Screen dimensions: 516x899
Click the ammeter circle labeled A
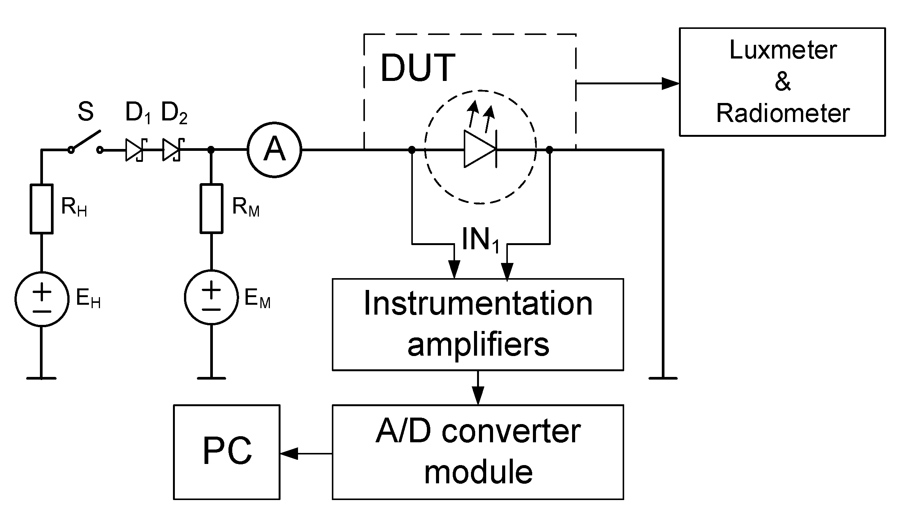pos(274,150)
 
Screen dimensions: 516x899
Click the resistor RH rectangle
pos(41,208)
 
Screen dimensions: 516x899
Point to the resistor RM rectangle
pos(211,208)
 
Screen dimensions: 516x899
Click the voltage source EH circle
pos(42,299)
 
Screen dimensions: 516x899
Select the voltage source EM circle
pos(211,297)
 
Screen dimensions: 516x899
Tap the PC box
pos(227,451)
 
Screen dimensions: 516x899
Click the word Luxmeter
pos(783,50)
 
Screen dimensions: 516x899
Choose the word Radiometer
pos(783,113)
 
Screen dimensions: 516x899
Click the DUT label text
pos(417,68)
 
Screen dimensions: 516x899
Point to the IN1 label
pos(480,240)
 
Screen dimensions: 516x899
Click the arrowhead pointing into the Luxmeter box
pos(671,83)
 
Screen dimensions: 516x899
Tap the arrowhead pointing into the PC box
pos(289,453)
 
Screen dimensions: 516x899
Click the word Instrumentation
pos(478,304)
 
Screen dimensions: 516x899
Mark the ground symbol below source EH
pos(41,378)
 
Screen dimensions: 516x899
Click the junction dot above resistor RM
pos(211,150)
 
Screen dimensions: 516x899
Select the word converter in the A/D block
pos(511,432)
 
